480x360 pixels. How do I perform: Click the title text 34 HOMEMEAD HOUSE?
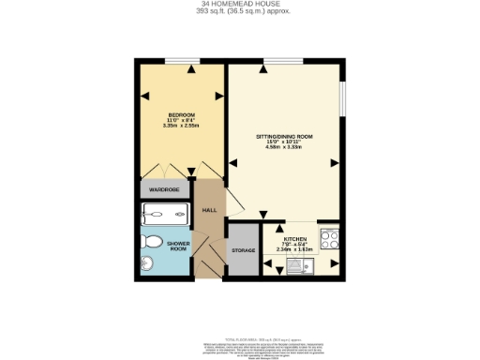tap(239, 5)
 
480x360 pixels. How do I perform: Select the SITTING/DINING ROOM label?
tap(284, 137)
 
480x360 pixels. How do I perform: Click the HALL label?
tap(210, 209)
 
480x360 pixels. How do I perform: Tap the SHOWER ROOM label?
tap(178, 247)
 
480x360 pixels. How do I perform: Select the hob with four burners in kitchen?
tap(328, 238)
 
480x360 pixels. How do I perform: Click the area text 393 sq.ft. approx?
tap(239, 12)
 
